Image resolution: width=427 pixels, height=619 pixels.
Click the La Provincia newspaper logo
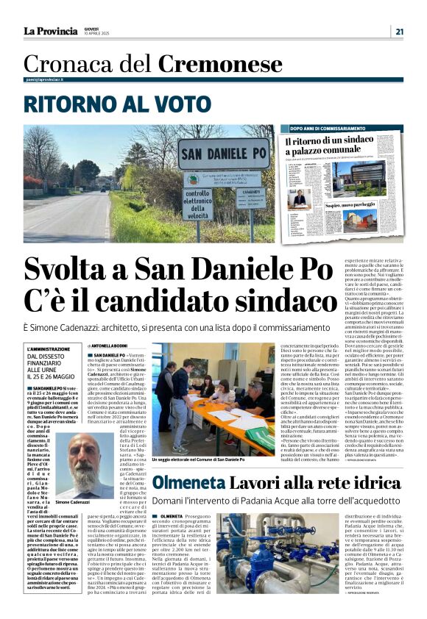[x=51, y=31]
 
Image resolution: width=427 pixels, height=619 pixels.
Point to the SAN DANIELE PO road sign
[x=224, y=154]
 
